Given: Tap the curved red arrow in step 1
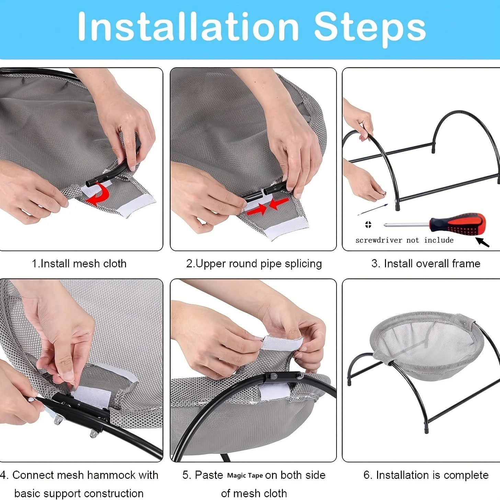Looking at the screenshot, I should (x=100, y=194).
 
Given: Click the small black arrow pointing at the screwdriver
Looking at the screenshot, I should (x=482, y=242).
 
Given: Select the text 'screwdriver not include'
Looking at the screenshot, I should (x=404, y=240).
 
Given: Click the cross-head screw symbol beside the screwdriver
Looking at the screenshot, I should (x=368, y=225).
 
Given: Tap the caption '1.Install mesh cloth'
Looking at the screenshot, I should (x=79, y=264).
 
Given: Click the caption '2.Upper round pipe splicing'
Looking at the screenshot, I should (x=254, y=264).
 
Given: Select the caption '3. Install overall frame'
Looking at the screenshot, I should (x=425, y=264).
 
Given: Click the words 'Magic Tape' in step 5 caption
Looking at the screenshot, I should (x=245, y=476).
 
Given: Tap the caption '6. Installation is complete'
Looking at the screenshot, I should (x=426, y=475).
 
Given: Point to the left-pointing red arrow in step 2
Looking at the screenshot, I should (x=279, y=203).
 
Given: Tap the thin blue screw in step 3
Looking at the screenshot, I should (x=373, y=209).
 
